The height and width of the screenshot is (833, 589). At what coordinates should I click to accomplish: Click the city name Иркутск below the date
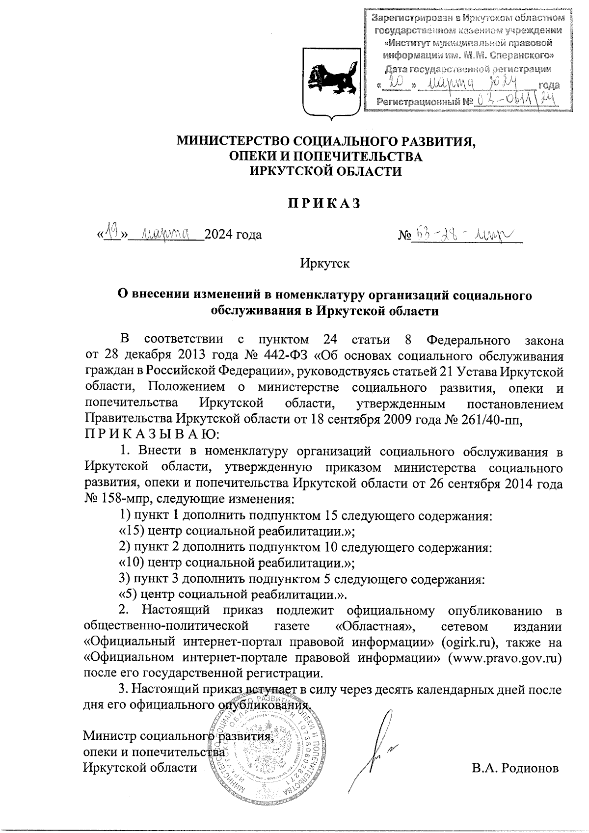pyautogui.click(x=325, y=264)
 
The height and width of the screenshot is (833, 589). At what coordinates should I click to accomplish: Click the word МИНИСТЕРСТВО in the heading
pyautogui.click(x=230, y=141)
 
